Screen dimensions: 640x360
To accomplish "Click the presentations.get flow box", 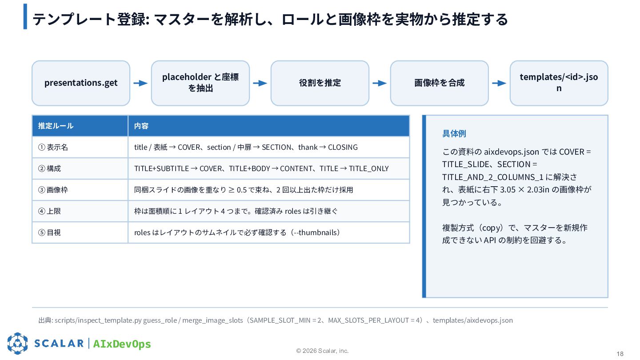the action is point(81,83).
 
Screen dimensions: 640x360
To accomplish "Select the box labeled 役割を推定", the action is point(320,83).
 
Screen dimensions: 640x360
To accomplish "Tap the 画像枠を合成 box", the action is point(440,83).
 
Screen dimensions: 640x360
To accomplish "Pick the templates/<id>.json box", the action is point(559,83).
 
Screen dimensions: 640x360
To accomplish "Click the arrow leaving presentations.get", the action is point(140,83).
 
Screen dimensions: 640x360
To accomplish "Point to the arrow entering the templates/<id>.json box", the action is point(499,83).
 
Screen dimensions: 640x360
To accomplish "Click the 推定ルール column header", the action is point(56,126).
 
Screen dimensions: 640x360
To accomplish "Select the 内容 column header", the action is point(141,126).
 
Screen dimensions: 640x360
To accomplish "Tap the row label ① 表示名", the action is point(53,147).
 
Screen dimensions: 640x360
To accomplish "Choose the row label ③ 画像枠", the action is point(53,190).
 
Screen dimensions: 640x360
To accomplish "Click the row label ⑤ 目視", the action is point(49,232).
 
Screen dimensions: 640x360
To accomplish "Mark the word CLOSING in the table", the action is point(343,147).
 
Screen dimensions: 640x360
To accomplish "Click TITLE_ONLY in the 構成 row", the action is point(369,168).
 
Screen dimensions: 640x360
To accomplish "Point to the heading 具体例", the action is point(454,133).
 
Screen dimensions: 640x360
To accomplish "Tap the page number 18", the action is point(620,354).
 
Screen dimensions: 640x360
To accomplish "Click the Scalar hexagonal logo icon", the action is point(17,344).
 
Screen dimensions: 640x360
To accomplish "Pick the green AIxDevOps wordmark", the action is point(122,344).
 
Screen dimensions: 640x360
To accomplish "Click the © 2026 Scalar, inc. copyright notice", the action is point(322,351).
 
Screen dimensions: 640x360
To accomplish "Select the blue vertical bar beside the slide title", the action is point(25,16).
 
